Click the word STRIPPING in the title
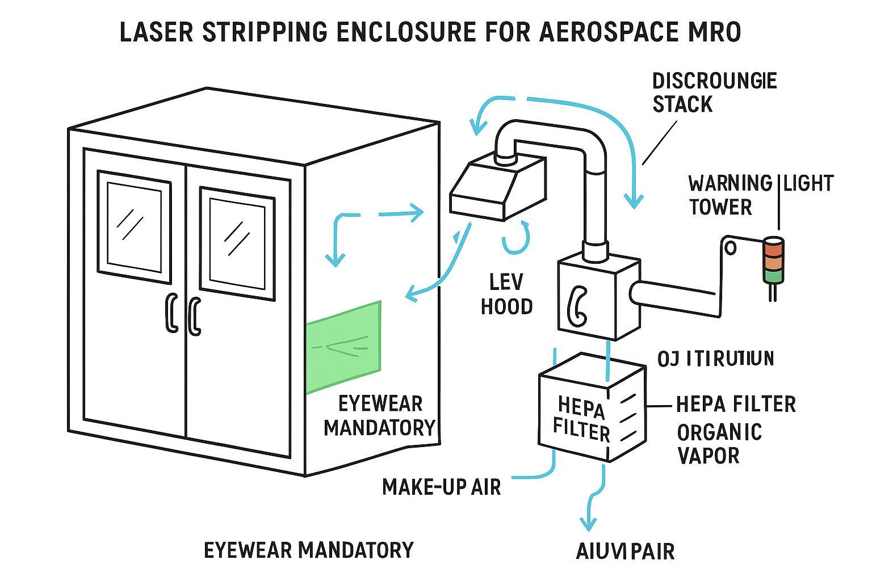(x=264, y=32)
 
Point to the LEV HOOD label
(x=507, y=294)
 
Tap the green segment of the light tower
(x=772, y=276)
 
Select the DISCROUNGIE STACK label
(x=714, y=92)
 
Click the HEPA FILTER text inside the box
(x=581, y=418)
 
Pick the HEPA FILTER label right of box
(x=736, y=404)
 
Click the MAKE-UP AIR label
(x=441, y=486)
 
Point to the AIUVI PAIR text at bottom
(x=625, y=551)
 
